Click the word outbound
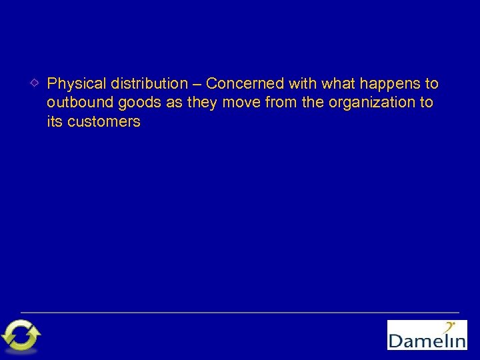tap(75, 103)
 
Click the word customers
tap(104, 122)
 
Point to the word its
tap(55, 122)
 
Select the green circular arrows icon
tap(21, 335)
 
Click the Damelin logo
tap(427, 335)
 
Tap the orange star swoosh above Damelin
tap(451, 327)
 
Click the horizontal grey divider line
tap(240, 312)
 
